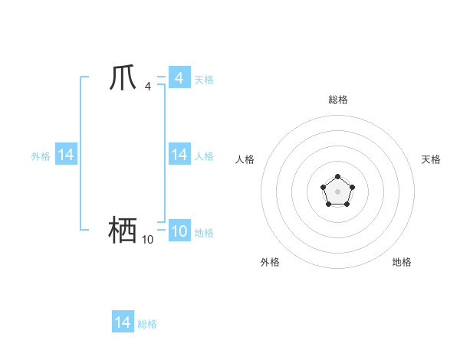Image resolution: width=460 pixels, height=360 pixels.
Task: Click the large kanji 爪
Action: pos(123,78)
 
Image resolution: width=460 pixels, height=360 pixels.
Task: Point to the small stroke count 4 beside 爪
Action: pos(147,86)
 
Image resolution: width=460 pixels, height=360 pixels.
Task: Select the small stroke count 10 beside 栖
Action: pos(147,240)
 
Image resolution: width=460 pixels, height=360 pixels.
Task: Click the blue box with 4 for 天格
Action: pos(179,77)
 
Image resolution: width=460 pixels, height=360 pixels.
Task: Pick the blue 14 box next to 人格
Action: pos(179,154)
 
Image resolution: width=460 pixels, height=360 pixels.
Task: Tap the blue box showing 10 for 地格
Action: pos(179,231)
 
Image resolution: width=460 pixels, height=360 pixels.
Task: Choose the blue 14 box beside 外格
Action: pos(66,154)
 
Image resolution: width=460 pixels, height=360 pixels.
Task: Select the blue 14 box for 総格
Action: pos(123,322)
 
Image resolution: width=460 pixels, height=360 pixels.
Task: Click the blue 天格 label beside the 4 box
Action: pos(204,79)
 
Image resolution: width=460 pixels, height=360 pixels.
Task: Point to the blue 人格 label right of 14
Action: pos(204,155)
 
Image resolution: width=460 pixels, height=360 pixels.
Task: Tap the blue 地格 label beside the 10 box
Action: pos(204,232)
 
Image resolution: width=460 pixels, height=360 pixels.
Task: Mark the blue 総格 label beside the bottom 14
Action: pos(147,324)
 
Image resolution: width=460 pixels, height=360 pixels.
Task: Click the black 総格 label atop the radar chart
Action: pos(338,100)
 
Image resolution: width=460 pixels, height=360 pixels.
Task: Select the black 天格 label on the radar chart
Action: pos(431,159)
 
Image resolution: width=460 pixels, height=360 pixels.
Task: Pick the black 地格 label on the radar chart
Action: pos(402,262)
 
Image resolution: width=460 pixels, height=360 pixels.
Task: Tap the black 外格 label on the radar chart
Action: pos(270,262)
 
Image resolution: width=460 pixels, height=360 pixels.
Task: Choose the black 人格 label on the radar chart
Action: pos(245,159)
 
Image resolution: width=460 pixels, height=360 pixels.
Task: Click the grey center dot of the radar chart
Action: pos(338,191)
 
